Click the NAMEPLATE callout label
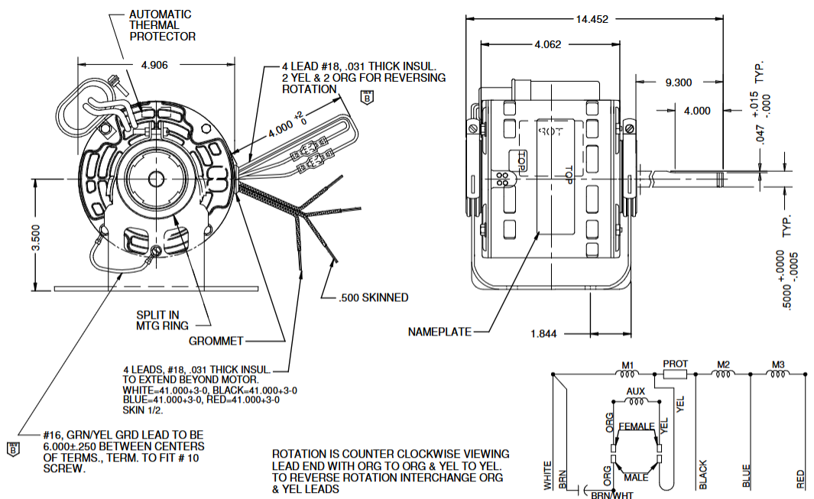coord(439,332)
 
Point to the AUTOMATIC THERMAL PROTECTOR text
coord(162,25)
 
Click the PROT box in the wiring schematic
coord(675,374)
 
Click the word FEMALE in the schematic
coord(636,426)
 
